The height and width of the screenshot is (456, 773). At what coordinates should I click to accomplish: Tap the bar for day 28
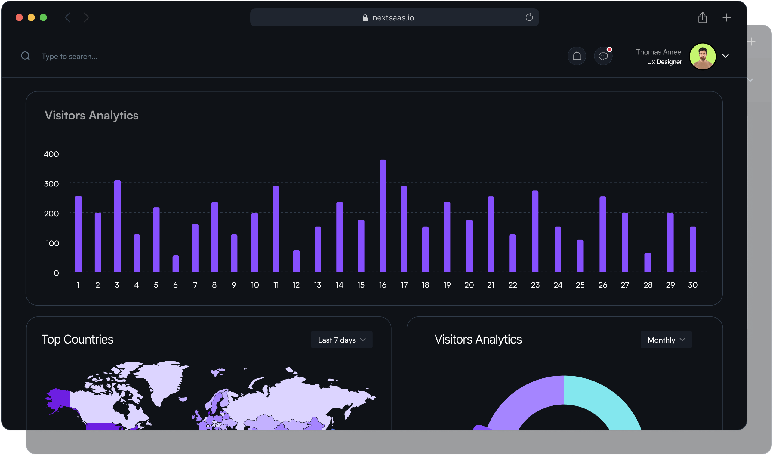pyautogui.click(x=648, y=262)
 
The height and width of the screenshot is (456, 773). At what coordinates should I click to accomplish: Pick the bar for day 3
pyautogui.click(x=117, y=226)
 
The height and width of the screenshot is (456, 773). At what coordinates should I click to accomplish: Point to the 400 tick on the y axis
pyautogui.click(x=51, y=154)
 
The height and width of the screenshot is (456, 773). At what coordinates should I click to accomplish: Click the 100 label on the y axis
pyautogui.click(x=53, y=243)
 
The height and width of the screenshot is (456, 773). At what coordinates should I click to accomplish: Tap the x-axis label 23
pyautogui.click(x=535, y=285)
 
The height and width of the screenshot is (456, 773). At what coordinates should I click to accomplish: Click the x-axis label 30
pyautogui.click(x=693, y=285)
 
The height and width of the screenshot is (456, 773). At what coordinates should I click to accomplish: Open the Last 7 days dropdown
pyautogui.click(x=342, y=340)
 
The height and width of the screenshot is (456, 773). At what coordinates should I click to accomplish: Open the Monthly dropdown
pyautogui.click(x=666, y=340)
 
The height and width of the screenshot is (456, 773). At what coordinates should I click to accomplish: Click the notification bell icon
pyautogui.click(x=577, y=56)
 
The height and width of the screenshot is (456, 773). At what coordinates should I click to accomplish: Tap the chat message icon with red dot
pyautogui.click(x=603, y=56)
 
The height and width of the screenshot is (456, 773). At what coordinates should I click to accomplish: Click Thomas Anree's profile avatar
pyautogui.click(x=703, y=57)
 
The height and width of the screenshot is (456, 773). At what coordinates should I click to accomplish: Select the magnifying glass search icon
pyautogui.click(x=26, y=56)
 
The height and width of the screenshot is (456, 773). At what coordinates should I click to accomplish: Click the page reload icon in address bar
pyautogui.click(x=529, y=17)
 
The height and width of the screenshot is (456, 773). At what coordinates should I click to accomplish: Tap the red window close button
pyautogui.click(x=19, y=17)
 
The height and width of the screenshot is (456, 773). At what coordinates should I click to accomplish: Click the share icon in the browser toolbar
pyautogui.click(x=702, y=17)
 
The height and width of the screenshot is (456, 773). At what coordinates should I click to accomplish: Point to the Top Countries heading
pyautogui.click(x=77, y=340)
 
